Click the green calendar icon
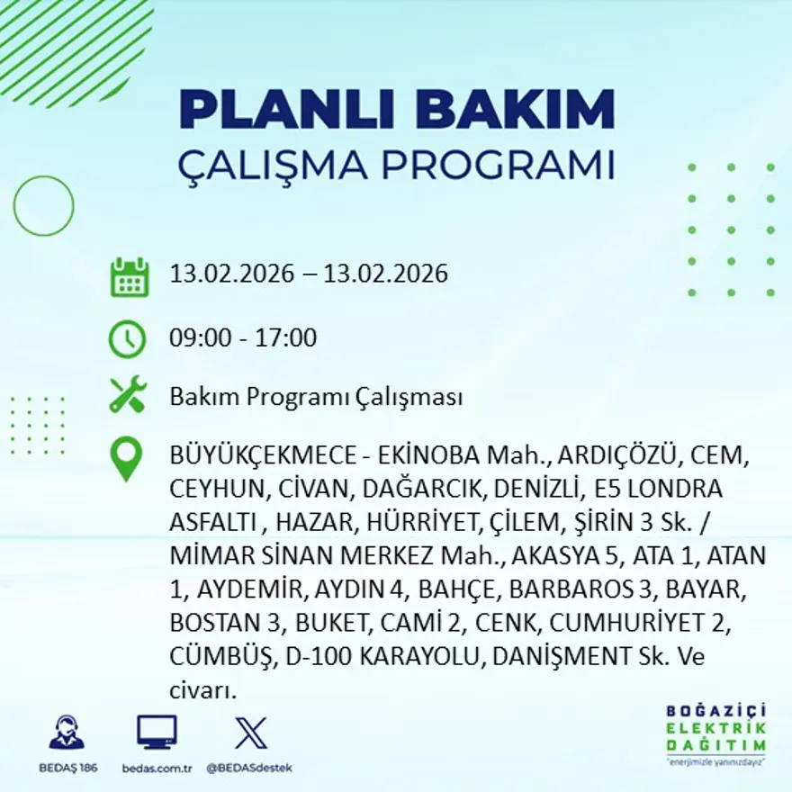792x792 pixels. click(x=129, y=277)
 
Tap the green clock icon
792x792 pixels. click(x=127, y=339)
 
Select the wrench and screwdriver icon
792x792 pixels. click(x=127, y=396)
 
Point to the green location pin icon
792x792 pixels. click(x=126, y=459)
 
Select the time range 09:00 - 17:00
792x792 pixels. click(x=243, y=338)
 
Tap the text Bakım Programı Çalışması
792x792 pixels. click(x=316, y=397)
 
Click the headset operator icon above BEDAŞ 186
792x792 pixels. click(x=67, y=733)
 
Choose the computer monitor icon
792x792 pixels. click(x=157, y=733)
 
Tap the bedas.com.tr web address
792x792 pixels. click(x=157, y=768)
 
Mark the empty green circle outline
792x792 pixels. click(x=43, y=206)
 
